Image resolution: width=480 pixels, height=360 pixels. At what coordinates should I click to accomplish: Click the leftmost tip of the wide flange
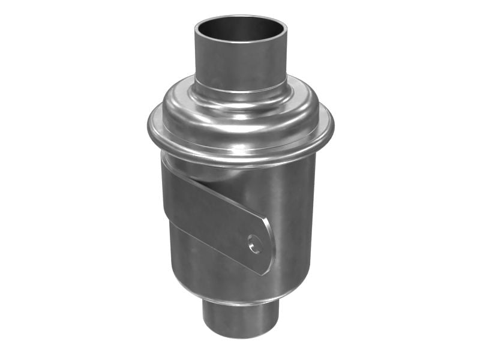pyautogui.click(x=149, y=129)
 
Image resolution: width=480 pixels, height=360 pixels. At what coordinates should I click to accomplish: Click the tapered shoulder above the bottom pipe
pyautogui.click(x=240, y=297)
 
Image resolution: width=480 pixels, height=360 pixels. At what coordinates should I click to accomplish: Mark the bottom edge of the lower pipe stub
pyautogui.click(x=240, y=336)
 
